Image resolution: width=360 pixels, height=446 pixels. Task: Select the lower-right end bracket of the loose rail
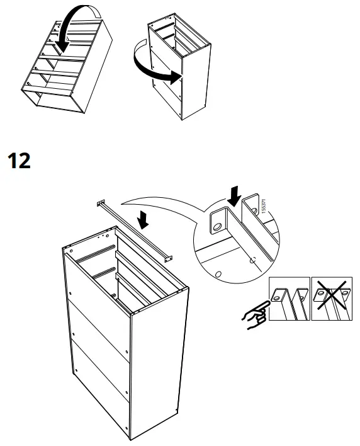(167, 256)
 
